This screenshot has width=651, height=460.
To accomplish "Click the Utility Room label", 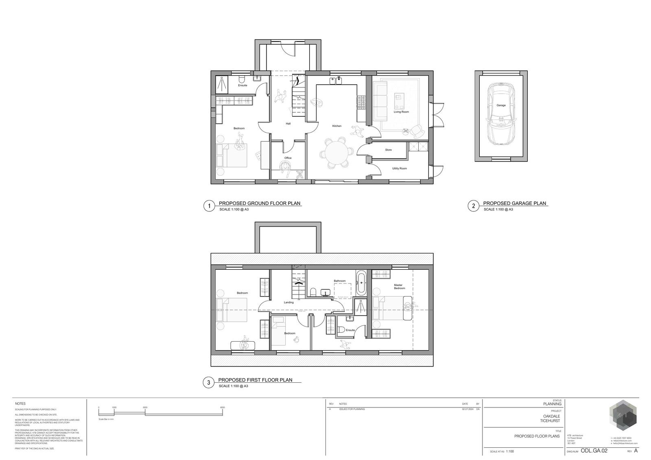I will click(399, 168).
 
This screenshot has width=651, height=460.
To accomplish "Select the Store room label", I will click(388, 150).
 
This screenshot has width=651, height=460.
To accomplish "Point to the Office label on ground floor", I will click(288, 158).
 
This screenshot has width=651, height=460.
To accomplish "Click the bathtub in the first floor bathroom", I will click(361, 283).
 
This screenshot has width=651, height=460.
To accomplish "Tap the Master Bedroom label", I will click(399, 287).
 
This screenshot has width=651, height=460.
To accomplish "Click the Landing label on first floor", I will click(288, 302).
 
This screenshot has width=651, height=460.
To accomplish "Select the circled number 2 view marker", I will click(473, 206).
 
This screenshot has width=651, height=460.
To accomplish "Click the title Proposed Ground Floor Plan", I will click(260, 203).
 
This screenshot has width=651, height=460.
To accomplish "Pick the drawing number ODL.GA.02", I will click(594, 451).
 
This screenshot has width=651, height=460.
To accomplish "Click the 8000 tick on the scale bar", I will click(222, 408).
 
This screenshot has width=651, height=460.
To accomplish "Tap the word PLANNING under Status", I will click(552, 404).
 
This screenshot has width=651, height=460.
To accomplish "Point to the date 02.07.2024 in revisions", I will click(467, 409).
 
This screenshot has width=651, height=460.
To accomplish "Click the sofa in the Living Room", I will click(381, 100).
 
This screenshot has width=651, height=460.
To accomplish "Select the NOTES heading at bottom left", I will click(20, 404).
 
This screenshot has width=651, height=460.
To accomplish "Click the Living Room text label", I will click(401, 111).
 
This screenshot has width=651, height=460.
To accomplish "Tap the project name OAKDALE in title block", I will click(551, 416).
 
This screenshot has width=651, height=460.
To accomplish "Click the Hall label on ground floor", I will click(288, 124).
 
